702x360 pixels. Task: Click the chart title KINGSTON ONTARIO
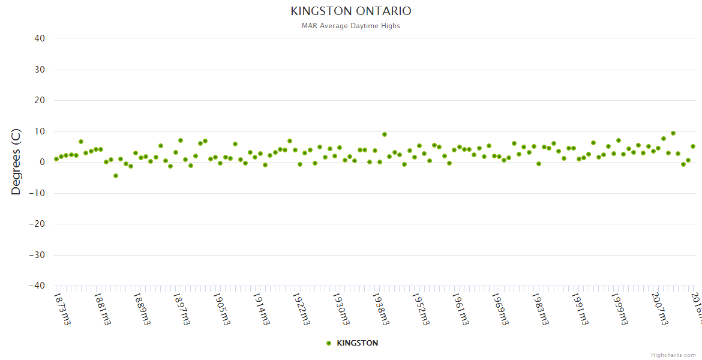click(x=351, y=11)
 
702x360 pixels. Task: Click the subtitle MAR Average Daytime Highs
click(x=351, y=26)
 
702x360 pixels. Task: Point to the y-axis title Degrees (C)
click(x=16, y=161)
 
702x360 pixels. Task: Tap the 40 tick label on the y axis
click(x=40, y=38)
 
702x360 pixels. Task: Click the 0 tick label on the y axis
click(x=42, y=162)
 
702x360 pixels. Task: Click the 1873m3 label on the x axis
click(x=62, y=308)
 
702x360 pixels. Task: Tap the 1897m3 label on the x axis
click(x=182, y=308)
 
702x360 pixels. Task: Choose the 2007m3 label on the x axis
click(x=660, y=308)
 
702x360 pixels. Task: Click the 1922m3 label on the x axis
click(x=301, y=308)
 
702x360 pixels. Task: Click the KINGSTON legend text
click(x=358, y=343)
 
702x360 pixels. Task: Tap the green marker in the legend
click(x=328, y=343)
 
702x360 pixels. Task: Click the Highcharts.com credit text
click(x=673, y=355)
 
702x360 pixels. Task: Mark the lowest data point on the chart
click(x=116, y=176)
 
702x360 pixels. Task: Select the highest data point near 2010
click(x=673, y=133)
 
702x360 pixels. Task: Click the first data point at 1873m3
click(x=56, y=159)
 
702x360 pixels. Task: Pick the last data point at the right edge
click(x=693, y=146)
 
